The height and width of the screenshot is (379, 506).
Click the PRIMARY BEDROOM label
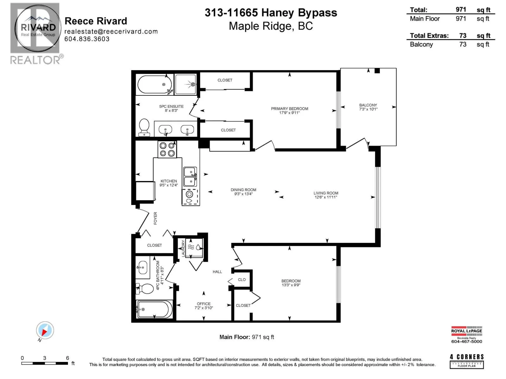click(x=289, y=109)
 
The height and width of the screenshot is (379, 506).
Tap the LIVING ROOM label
click(x=326, y=193)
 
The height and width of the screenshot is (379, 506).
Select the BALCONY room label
click(x=368, y=105)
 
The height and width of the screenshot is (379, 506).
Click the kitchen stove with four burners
click(x=167, y=149)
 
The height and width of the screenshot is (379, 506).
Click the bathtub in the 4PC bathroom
click(x=154, y=309)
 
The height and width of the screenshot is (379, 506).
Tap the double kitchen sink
click(x=190, y=177)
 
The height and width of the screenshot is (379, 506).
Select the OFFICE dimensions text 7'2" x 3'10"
click(x=204, y=308)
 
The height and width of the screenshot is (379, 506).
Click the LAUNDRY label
click(x=183, y=248)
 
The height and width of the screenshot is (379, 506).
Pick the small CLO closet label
click(x=242, y=280)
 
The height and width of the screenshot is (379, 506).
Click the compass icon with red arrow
click(x=45, y=331)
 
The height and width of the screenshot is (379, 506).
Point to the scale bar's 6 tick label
click(x=67, y=358)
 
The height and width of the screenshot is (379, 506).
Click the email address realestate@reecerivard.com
click(x=111, y=31)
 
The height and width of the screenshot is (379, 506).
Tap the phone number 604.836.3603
click(x=87, y=39)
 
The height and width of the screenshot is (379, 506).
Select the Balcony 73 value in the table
click(x=463, y=45)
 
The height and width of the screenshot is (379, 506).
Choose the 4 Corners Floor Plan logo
click(x=467, y=361)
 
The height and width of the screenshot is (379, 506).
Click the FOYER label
click(x=155, y=218)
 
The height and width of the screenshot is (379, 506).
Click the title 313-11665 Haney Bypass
click(x=271, y=13)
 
